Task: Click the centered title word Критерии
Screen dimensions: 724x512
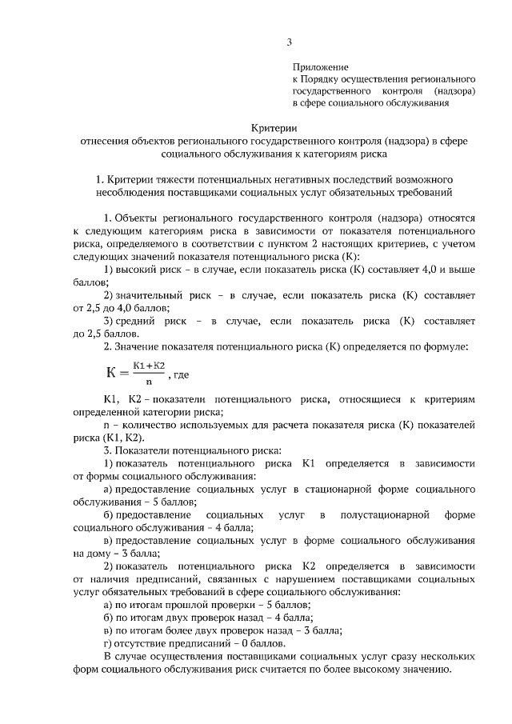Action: (x=274, y=127)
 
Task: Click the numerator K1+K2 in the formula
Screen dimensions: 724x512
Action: (x=150, y=366)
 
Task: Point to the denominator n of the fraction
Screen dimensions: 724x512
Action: (x=149, y=382)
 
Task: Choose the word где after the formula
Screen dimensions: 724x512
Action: (x=182, y=374)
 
